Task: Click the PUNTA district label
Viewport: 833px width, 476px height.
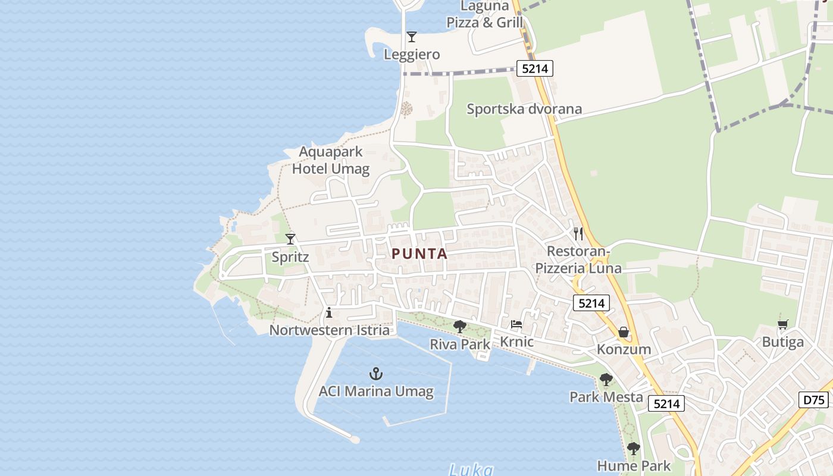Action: click(419, 253)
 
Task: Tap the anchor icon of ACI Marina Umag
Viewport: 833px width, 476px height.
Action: click(375, 374)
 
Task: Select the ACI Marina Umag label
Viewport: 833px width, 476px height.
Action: click(376, 392)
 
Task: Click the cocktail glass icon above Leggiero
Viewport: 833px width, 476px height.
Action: click(411, 37)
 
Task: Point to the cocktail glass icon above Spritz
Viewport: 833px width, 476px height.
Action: click(290, 239)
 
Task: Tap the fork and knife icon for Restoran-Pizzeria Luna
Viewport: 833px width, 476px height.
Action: click(578, 233)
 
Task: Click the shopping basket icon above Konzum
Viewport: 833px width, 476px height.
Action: click(624, 332)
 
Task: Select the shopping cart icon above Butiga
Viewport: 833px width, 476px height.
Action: click(782, 324)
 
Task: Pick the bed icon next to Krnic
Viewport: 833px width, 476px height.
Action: click(516, 325)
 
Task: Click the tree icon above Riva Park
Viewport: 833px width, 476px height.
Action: click(459, 326)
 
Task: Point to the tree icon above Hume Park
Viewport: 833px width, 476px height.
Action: click(633, 448)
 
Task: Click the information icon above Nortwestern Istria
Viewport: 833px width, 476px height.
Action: click(329, 312)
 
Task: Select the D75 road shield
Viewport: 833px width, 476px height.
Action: click(814, 399)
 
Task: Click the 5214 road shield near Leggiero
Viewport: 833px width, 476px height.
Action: click(534, 68)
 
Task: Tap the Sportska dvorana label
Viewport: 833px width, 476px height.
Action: click(524, 109)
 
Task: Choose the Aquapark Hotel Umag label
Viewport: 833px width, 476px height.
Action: click(331, 161)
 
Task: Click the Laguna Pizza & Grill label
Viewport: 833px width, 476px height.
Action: click(485, 15)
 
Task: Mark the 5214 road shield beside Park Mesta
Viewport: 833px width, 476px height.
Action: click(666, 404)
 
